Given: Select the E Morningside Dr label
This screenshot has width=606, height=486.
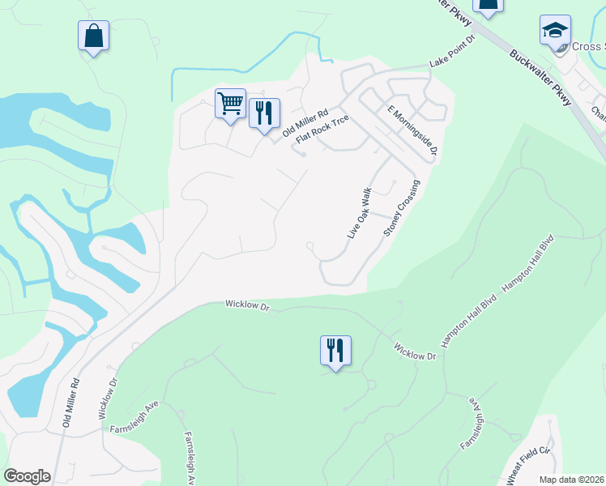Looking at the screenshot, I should pos(412,130).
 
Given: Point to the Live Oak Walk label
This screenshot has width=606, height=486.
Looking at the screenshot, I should pos(359,213).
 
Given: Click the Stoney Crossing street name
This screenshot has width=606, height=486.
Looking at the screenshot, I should pos(403,207).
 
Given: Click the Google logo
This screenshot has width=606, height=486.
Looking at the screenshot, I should pos(27,476).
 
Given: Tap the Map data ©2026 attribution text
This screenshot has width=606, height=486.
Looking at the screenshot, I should pos(572,480).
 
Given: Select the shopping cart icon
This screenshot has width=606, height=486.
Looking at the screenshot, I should pos(231,104).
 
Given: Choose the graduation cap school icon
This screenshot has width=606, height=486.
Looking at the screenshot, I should pos(555,31).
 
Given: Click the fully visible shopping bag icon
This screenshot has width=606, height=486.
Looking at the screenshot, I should pos(94,36).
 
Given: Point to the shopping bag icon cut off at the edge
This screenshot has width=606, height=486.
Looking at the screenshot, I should pos(489,5).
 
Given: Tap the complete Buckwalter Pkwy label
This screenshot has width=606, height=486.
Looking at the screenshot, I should pos(541,77).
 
